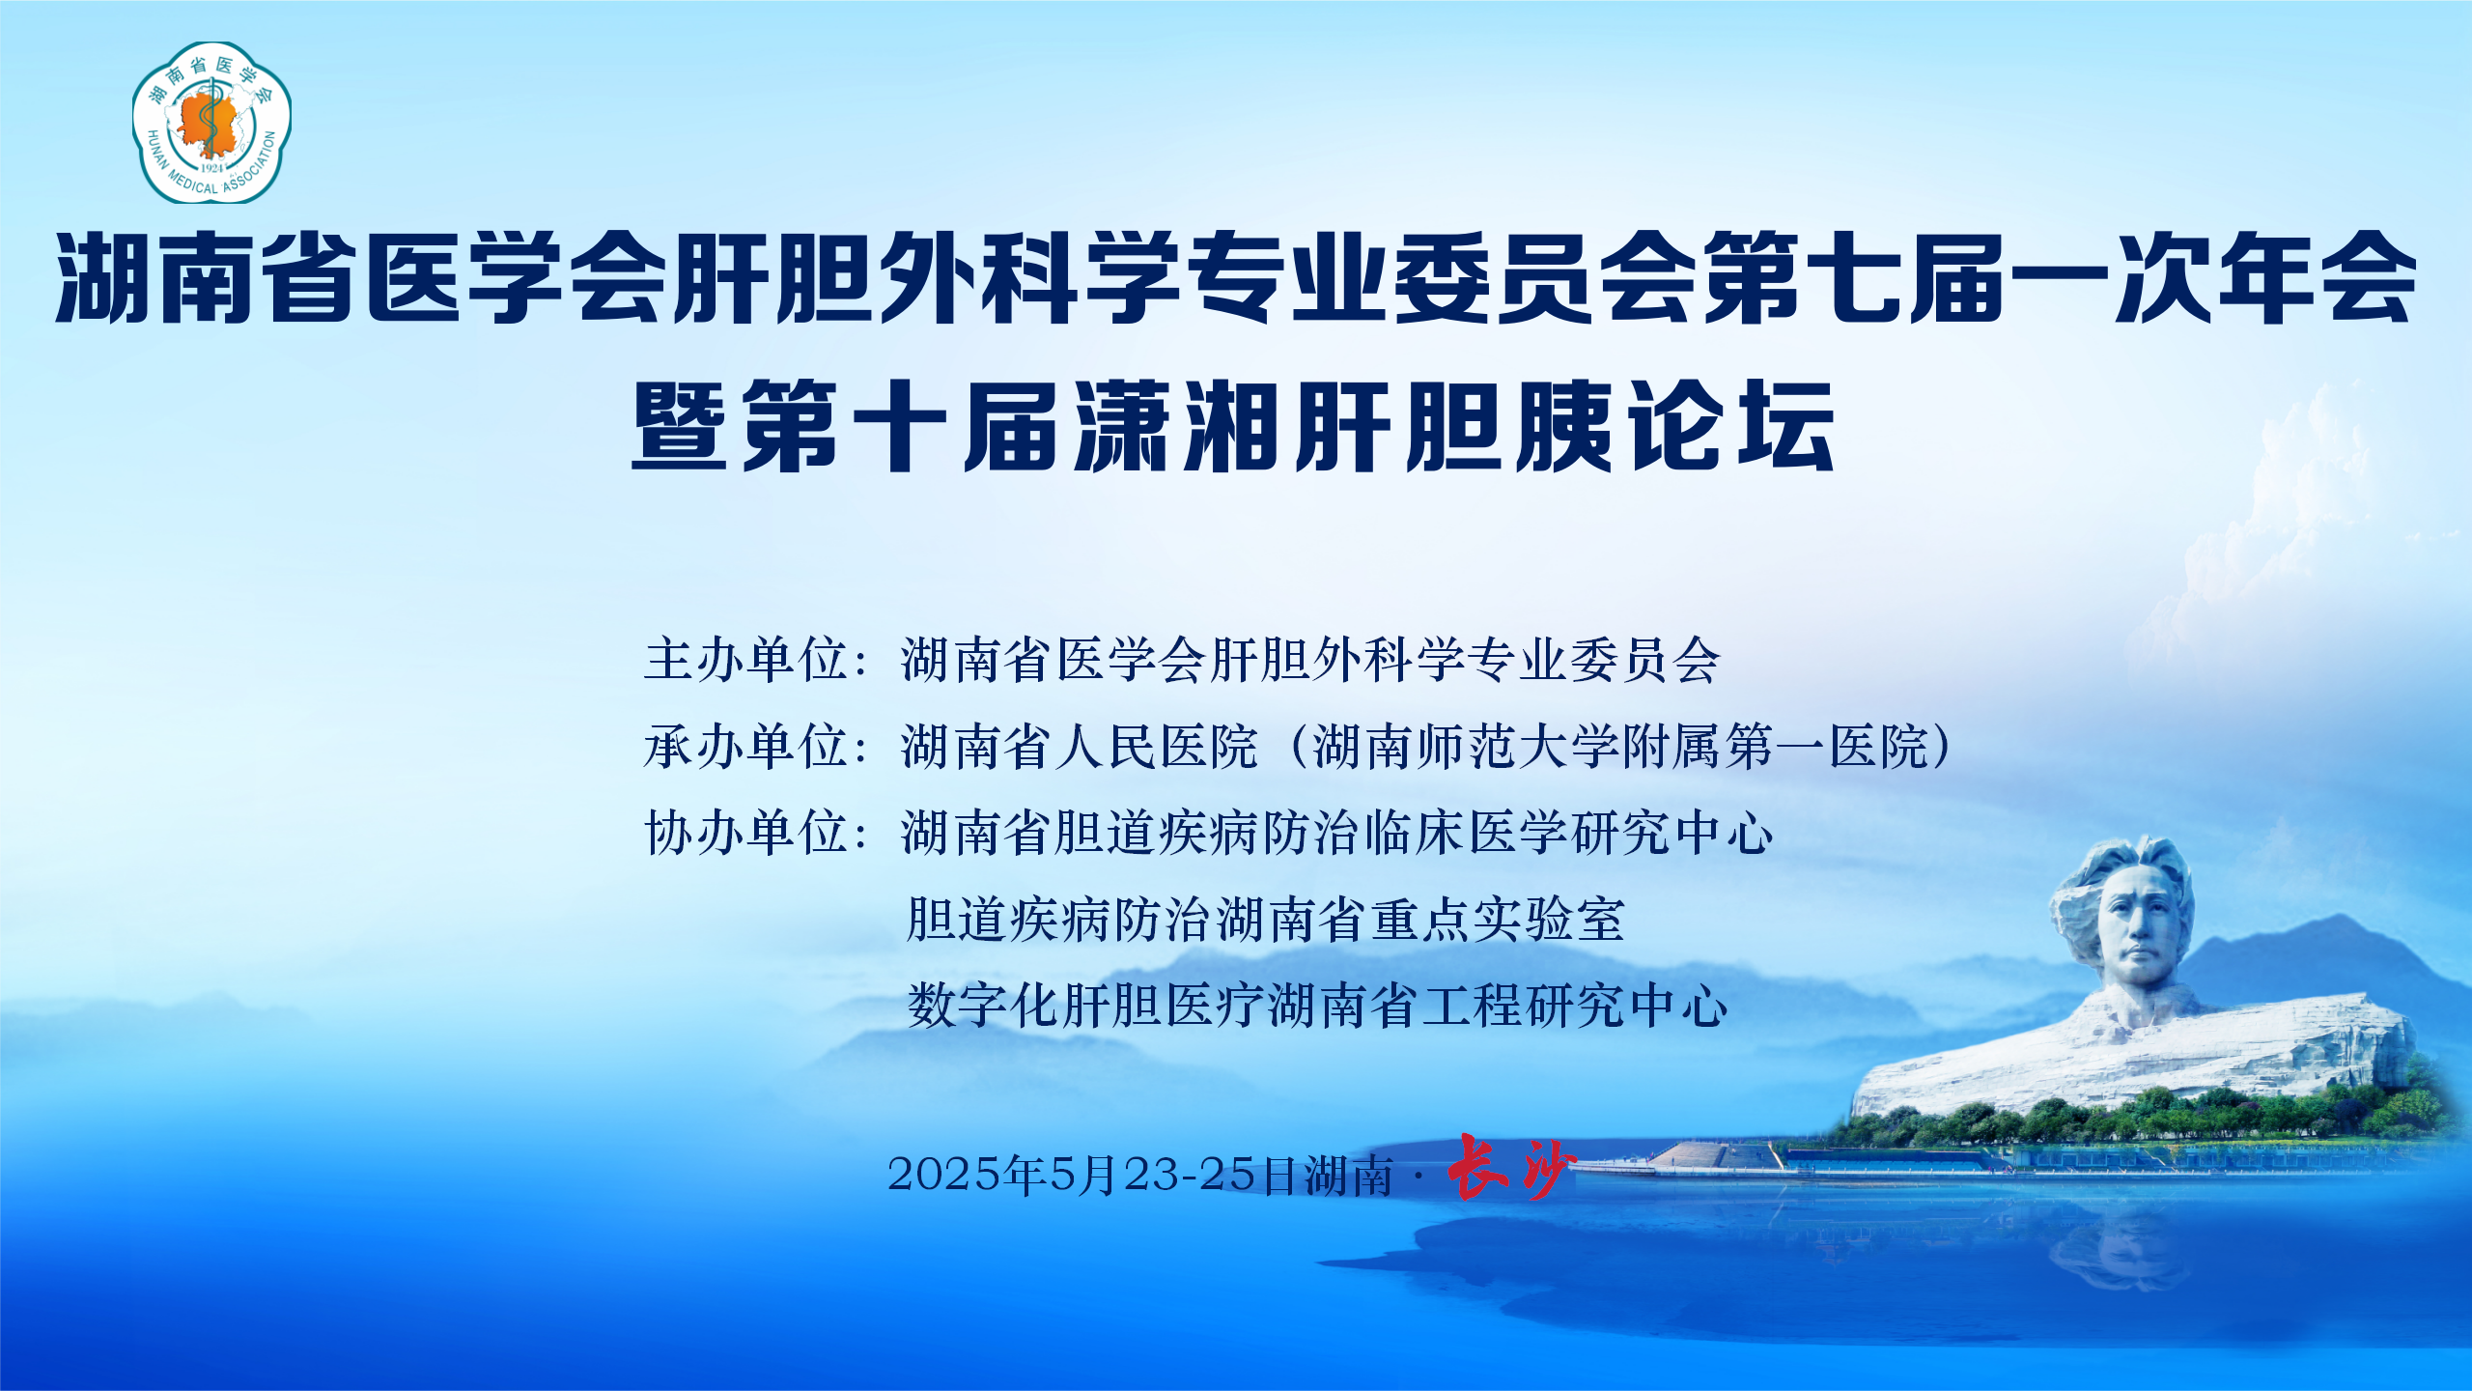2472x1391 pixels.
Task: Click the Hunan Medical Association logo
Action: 211,122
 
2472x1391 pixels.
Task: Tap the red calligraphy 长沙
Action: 1511,1168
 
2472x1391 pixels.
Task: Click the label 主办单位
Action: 746,661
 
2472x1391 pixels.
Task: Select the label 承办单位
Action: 746,747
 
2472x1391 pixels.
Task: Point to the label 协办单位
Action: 746,833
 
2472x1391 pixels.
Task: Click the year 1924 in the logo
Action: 212,168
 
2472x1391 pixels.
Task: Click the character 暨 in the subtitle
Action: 679,426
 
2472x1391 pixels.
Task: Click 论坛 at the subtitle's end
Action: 1731,426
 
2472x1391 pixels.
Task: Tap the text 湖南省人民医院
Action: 1080,747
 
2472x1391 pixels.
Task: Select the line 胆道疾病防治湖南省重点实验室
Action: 1266,919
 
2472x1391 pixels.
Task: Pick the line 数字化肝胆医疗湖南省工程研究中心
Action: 1317,1006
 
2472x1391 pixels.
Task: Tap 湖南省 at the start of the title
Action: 208,277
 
